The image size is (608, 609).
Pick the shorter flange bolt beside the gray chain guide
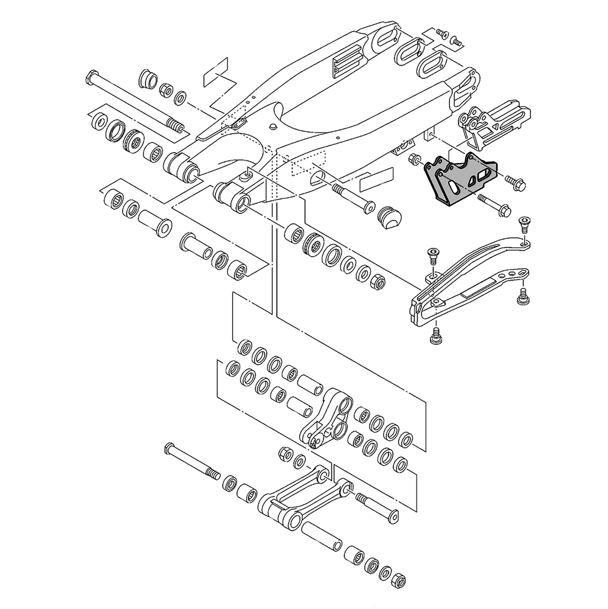[514, 182]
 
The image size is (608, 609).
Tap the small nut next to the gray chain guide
[415, 160]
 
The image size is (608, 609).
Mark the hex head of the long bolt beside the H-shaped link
[170, 451]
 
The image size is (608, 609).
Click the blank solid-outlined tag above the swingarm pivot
[216, 73]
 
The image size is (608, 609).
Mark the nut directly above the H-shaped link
[283, 453]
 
